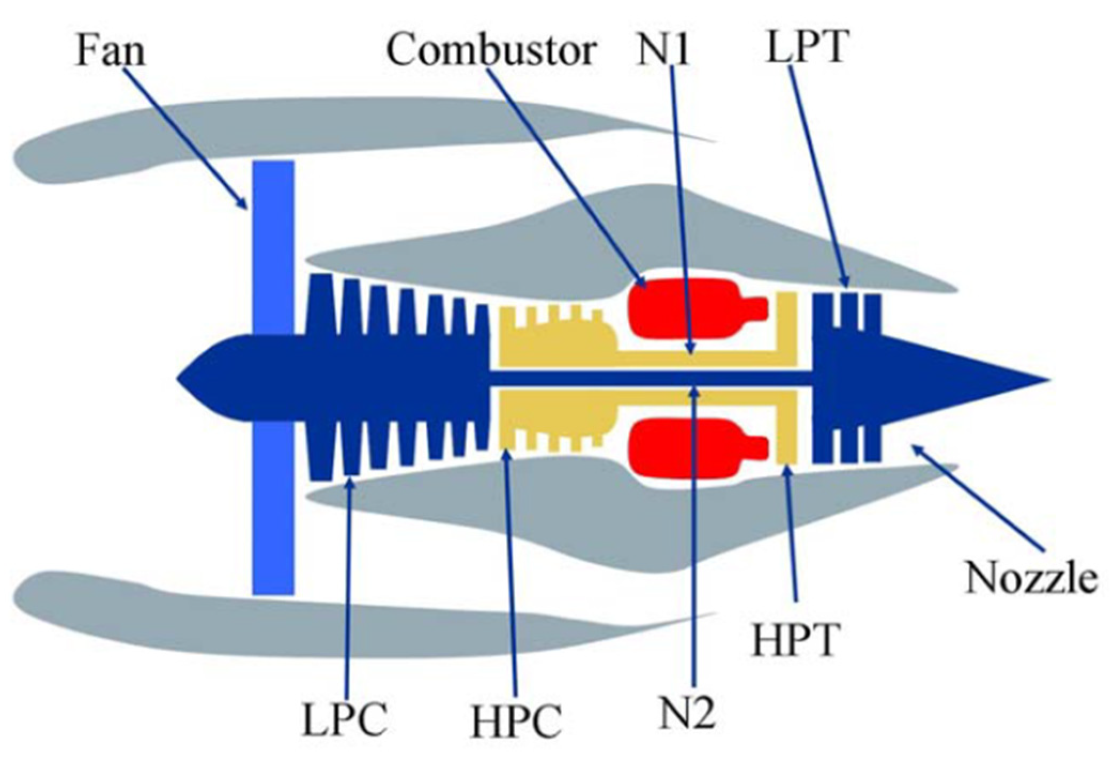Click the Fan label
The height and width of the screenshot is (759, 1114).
[110, 52]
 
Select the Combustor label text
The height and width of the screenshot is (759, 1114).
[491, 51]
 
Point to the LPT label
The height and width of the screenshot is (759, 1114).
[807, 48]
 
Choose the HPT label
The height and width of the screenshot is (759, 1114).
[795, 639]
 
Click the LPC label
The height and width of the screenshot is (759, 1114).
[345, 719]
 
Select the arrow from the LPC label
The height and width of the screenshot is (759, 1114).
[349, 588]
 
